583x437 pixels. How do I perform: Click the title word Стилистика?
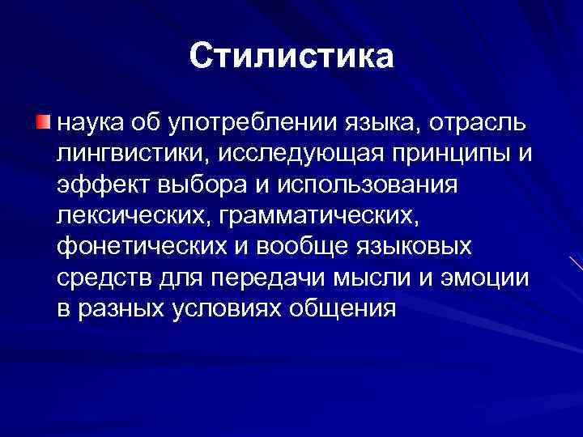pyautogui.click(x=291, y=57)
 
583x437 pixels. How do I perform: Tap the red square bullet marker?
pyautogui.click(x=42, y=122)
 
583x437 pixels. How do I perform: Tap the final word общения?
pyautogui.click(x=348, y=308)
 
